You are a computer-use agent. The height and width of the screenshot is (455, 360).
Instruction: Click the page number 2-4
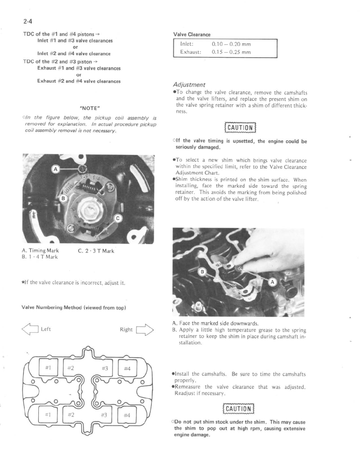tap(27, 21)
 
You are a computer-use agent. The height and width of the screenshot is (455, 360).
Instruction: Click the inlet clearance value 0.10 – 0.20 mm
tap(231, 44)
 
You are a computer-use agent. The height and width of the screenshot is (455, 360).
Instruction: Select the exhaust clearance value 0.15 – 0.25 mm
tap(231, 52)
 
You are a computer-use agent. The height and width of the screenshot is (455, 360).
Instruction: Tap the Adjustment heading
tap(189, 85)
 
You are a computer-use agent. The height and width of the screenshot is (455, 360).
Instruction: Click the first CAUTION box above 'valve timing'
tap(240, 128)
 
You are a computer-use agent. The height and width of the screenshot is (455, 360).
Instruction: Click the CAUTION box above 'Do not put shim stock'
tap(239, 409)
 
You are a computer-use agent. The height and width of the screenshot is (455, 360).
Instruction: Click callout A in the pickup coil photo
tap(55, 169)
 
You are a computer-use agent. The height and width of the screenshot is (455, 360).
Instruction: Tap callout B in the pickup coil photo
tap(63, 198)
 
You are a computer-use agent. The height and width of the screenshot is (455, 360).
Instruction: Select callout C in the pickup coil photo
tap(118, 218)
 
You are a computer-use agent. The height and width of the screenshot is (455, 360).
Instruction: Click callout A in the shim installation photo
tap(272, 282)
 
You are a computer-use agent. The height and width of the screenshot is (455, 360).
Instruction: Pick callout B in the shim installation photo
tap(202, 272)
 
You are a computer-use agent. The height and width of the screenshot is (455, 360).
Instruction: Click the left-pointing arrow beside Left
tap(30, 329)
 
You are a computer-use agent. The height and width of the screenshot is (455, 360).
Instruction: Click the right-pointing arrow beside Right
tap(145, 329)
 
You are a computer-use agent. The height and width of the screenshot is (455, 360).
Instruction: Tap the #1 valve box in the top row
tap(49, 368)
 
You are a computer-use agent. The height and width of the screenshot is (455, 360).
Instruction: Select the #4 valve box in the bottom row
tap(127, 415)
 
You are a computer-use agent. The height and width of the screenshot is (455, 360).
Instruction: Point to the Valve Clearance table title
tap(192, 34)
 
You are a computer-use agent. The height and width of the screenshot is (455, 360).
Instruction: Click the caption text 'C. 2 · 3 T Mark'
tap(96, 251)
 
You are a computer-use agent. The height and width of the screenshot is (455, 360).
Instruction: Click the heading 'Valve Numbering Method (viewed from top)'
tap(74, 308)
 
